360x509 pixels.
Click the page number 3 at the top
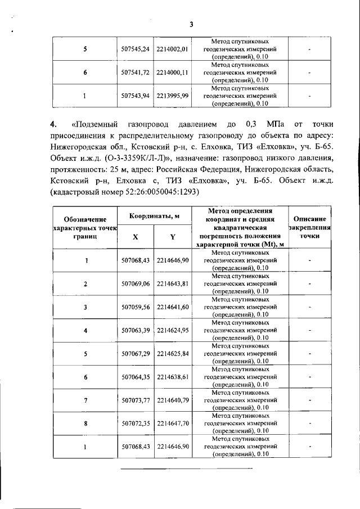[x=191, y=24]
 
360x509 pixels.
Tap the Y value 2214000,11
[x=172, y=73]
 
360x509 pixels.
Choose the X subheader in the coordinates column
[x=135, y=237]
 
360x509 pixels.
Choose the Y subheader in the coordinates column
[x=172, y=237]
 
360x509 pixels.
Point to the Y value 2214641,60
[x=172, y=307]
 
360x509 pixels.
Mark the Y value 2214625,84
[x=172, y=353]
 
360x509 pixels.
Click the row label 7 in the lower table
[x=85, y=400]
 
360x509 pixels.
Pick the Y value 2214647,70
[x=172, y=423]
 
